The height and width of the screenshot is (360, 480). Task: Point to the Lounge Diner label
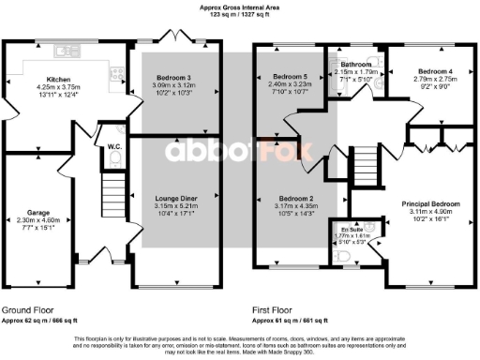(175, 198)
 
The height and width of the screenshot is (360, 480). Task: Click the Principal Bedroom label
(430, 203)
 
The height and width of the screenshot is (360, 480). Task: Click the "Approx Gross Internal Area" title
(239, 6)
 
